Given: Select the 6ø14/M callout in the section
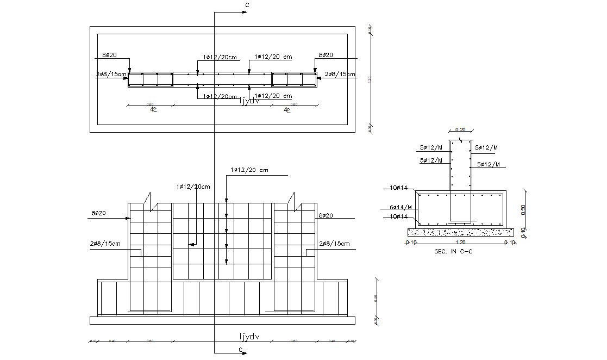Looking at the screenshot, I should point(401,207).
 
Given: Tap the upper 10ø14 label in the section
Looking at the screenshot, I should point(398,188).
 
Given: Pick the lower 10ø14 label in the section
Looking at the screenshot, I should point(398,216).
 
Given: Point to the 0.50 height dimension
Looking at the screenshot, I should point(523,209).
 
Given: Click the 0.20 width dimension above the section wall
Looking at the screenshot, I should point(460,129).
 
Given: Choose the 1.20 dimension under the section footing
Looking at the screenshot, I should point(460,243).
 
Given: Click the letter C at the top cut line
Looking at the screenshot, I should point(247,5).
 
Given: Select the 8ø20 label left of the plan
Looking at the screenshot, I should point(109,55).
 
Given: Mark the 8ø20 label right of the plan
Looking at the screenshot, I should point(326,55).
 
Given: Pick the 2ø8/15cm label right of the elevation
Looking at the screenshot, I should point(334,243).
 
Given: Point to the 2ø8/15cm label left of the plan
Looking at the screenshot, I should point(111,74).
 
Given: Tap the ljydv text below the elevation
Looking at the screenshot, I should point(249,336).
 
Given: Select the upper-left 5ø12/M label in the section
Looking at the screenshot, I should point(431,147).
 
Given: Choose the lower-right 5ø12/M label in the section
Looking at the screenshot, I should point(488,164).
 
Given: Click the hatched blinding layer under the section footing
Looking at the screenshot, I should point(460,232).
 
